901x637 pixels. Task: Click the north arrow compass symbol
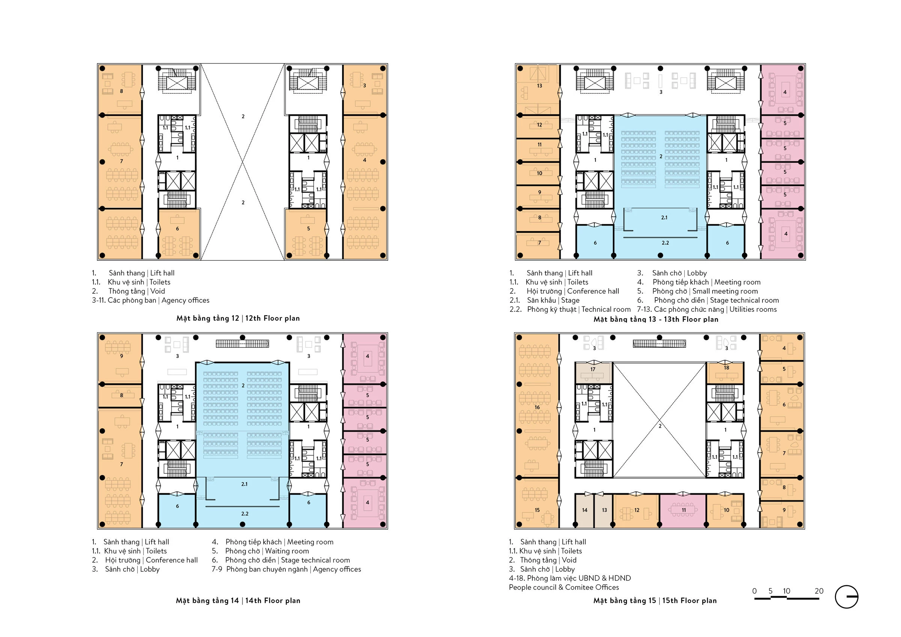[x=847, y=596]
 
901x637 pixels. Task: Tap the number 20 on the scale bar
[x=819, y=591]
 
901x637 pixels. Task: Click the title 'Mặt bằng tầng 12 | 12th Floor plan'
[x=238, y=318]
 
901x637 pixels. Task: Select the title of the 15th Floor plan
[x=655, y=601]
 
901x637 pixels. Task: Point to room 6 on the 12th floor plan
[x=179, y=234]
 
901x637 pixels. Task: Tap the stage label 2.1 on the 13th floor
[x=664, y=217]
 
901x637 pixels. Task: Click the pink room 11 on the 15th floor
[x=683, y=511]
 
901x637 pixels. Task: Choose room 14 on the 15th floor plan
[x=584, y=511]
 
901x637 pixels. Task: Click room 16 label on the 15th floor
[x=537, y=407]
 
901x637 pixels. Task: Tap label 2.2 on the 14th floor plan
[x=244, y=514]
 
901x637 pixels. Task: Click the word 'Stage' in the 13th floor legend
[x=570, y=300]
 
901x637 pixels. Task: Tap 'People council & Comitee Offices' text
[x=564, y=587]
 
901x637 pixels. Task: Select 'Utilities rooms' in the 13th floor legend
[x=753, y=309]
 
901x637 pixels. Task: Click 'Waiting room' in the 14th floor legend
[x=287, y=551]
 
